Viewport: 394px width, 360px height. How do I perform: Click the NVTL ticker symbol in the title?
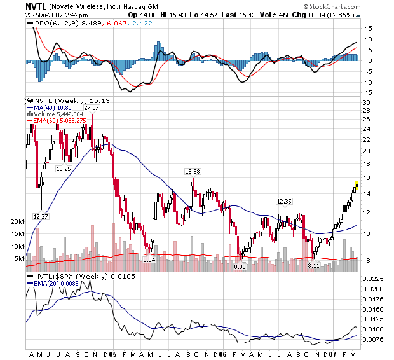(36, 5)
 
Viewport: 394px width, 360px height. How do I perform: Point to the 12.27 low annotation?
(41, 217)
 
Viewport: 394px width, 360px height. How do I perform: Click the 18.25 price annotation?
(64, 169)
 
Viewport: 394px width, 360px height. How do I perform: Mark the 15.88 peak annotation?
(193, 172)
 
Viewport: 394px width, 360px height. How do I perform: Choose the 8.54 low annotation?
(149, 260)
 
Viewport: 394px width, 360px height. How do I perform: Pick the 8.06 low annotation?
(240, 267)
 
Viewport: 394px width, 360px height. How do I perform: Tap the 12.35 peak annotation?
(284, 201)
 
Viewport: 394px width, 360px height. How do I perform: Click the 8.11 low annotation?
(313, 265)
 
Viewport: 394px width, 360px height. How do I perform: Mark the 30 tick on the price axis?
(367, 102)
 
